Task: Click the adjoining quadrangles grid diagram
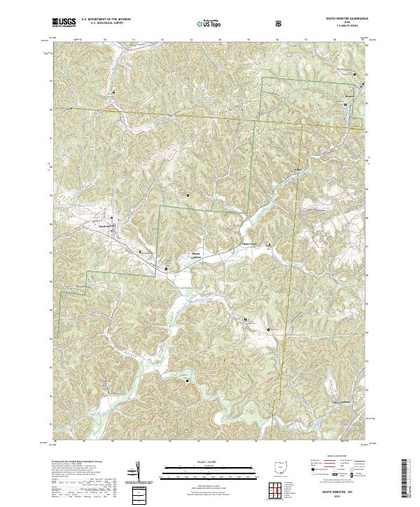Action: coord(280,490)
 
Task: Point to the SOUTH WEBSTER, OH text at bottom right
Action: coord(337,493)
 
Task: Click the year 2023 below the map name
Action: coord(337,499)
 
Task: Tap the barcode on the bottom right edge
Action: coord(406,478)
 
